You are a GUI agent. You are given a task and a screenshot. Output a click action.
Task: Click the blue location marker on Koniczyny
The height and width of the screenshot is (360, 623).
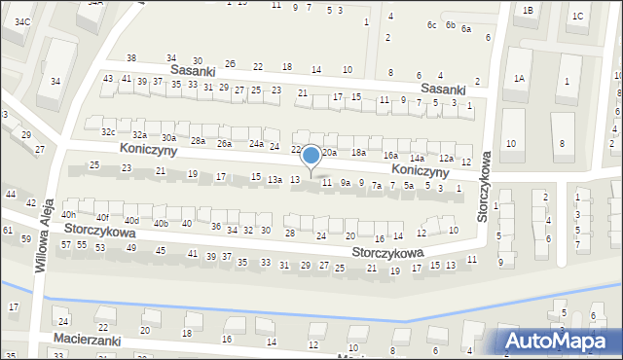coord(311,156)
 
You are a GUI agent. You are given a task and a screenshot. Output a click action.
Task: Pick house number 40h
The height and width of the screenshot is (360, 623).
coord(68,214)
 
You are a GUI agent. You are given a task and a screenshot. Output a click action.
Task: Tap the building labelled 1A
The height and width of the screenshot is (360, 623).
coord(520,78)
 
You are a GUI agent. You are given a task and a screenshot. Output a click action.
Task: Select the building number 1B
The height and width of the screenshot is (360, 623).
coord(528,10)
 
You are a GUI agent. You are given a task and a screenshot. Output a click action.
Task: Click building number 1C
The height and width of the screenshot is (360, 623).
coord(578,16)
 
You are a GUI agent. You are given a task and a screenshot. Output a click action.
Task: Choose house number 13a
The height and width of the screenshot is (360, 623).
coord(275,179)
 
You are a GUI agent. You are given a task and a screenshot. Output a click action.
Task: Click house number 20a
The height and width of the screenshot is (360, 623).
coord(329,153)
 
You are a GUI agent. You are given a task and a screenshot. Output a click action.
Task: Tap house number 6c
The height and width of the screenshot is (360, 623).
coord(431,24)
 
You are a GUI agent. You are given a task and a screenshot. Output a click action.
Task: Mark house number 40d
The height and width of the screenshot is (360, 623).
coord(131,221)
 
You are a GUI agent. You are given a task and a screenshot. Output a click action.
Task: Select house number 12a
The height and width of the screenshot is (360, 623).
coord(446,158)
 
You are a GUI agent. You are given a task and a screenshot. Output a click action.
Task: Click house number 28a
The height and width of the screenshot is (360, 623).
coord(198,141)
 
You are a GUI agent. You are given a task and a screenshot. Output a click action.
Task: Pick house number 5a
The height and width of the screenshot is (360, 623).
coord(409,185)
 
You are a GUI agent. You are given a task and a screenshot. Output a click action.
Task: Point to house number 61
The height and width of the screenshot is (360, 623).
coord(7,230)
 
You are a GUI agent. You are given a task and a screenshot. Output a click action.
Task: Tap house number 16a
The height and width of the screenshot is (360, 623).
coord(390,156)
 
